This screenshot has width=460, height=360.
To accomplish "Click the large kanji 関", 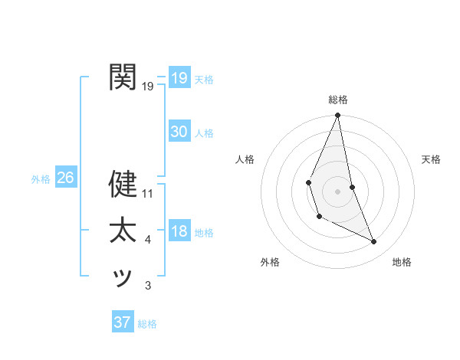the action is point(123,77).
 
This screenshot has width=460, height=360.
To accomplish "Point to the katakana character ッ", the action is point(123,277).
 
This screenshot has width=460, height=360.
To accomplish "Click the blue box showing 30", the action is point(179,132).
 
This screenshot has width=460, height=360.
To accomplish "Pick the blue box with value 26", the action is point(65,178).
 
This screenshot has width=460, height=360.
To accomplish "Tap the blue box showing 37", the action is point(123,322).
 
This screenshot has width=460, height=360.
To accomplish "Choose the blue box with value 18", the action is point(179,231).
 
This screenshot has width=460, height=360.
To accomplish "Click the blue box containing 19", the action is point(179,77).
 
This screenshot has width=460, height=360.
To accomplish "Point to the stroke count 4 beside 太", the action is point(148,241).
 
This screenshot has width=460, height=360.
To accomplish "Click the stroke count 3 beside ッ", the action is point(148,286).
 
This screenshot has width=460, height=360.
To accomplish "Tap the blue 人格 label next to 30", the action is point(204,133).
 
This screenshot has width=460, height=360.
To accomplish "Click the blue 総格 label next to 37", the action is point(147,324).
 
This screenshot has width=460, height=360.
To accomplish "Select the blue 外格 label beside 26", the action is point(41,179).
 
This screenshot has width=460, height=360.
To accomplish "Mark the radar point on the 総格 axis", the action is point(338,116).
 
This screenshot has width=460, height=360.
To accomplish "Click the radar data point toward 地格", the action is point(374,241).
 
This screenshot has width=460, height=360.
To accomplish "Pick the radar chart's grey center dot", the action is point(338,190).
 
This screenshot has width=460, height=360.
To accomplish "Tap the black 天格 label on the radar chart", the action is point(431,159).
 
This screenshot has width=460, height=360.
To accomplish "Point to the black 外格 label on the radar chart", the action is point(270,262).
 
